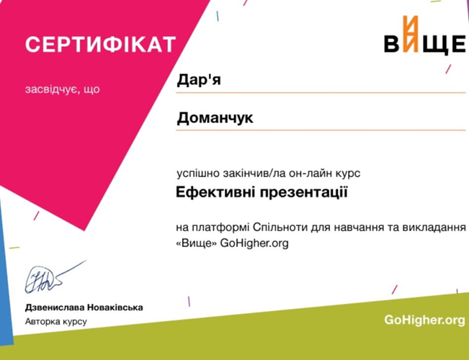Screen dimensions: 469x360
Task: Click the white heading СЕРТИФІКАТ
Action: coord(101,45)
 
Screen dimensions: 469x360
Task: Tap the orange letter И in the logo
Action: coord(410,34)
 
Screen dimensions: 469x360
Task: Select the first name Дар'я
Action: coord(199,80)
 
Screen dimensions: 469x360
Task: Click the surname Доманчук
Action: coord(215,118)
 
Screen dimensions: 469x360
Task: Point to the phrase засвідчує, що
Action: coord(62,89)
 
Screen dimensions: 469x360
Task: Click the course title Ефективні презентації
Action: coord(262,192)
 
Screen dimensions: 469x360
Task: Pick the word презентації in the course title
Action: coord(303,193)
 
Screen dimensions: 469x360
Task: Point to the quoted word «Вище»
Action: coord(196,243)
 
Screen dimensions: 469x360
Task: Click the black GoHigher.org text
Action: coord(254,243)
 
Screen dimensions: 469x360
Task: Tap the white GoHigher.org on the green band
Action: coord(425,320)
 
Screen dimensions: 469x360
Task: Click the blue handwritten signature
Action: coord(54,277)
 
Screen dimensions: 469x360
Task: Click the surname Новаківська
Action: coord(115,307)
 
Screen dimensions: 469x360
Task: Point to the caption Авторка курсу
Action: coord(56,321)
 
